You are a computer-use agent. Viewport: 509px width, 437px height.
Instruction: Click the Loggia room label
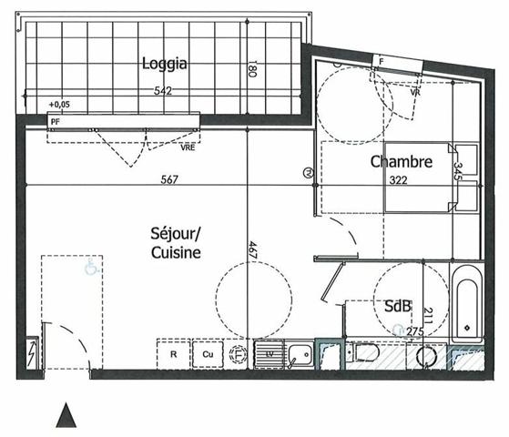[x=165, y=64]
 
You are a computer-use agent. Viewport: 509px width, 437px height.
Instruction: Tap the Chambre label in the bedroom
[x=401, y=162]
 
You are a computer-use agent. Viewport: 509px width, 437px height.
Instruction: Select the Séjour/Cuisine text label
[x=176, y=243]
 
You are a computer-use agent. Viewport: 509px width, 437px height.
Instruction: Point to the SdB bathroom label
[x=397, y=306]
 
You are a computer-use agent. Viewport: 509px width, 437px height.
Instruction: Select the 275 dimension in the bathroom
[x=416, y=331]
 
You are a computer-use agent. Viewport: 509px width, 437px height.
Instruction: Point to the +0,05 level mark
[x=59, y=105]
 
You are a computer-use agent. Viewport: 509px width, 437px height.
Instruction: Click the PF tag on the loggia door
[x=56, y=118]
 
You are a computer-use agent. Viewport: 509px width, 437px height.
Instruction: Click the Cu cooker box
[x=208, y=354]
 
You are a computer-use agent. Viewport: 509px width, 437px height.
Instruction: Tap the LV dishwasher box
[x=269, y=354]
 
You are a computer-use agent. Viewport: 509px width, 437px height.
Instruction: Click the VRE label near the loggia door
[x=188, y=146]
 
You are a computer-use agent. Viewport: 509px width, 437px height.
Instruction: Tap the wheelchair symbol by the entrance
[x=90, y=269]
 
